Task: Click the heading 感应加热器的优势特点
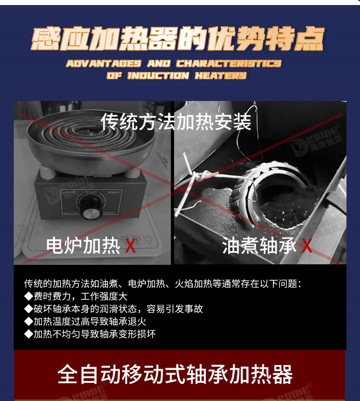point(178,39)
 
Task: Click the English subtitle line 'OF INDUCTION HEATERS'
point(177,75)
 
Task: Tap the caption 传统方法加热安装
point(176,121)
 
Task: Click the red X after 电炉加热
point(130,246)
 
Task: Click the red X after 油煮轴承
point(307,246)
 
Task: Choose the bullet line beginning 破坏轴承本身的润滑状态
point(114,309)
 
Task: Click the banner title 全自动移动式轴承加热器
point(175,375)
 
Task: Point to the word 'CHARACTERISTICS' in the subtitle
point(229,63)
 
